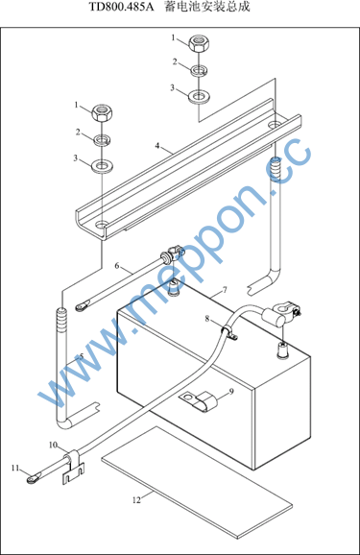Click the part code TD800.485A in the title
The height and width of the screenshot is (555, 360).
pos(121,7)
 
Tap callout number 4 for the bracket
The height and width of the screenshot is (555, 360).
pos(157,146)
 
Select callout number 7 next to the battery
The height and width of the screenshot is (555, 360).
pos(225,290)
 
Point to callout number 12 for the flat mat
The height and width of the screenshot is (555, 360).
pos(136,500)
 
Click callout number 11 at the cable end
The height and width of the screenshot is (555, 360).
pos(14,469)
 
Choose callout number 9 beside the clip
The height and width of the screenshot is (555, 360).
pos(231,392)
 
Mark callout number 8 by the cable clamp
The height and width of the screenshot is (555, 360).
pos(207,319)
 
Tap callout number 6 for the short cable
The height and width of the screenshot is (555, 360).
pos(117,265)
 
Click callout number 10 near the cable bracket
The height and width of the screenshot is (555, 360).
pos(53,445)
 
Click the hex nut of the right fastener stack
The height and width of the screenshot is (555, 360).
pos(199,44)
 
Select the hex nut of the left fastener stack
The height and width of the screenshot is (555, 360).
pos(102,113)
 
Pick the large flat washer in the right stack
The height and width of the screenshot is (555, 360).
pos(199,96)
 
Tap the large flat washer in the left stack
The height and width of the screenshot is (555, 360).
pos(102,166)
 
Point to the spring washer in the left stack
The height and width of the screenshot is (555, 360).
pos(102,139)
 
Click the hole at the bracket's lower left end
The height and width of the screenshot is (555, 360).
pos(102,225)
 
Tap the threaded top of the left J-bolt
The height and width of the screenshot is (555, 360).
pos(61,321)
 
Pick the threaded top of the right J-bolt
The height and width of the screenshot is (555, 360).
pos(276,170)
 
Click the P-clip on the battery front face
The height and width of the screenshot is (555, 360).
pos(198,401)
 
